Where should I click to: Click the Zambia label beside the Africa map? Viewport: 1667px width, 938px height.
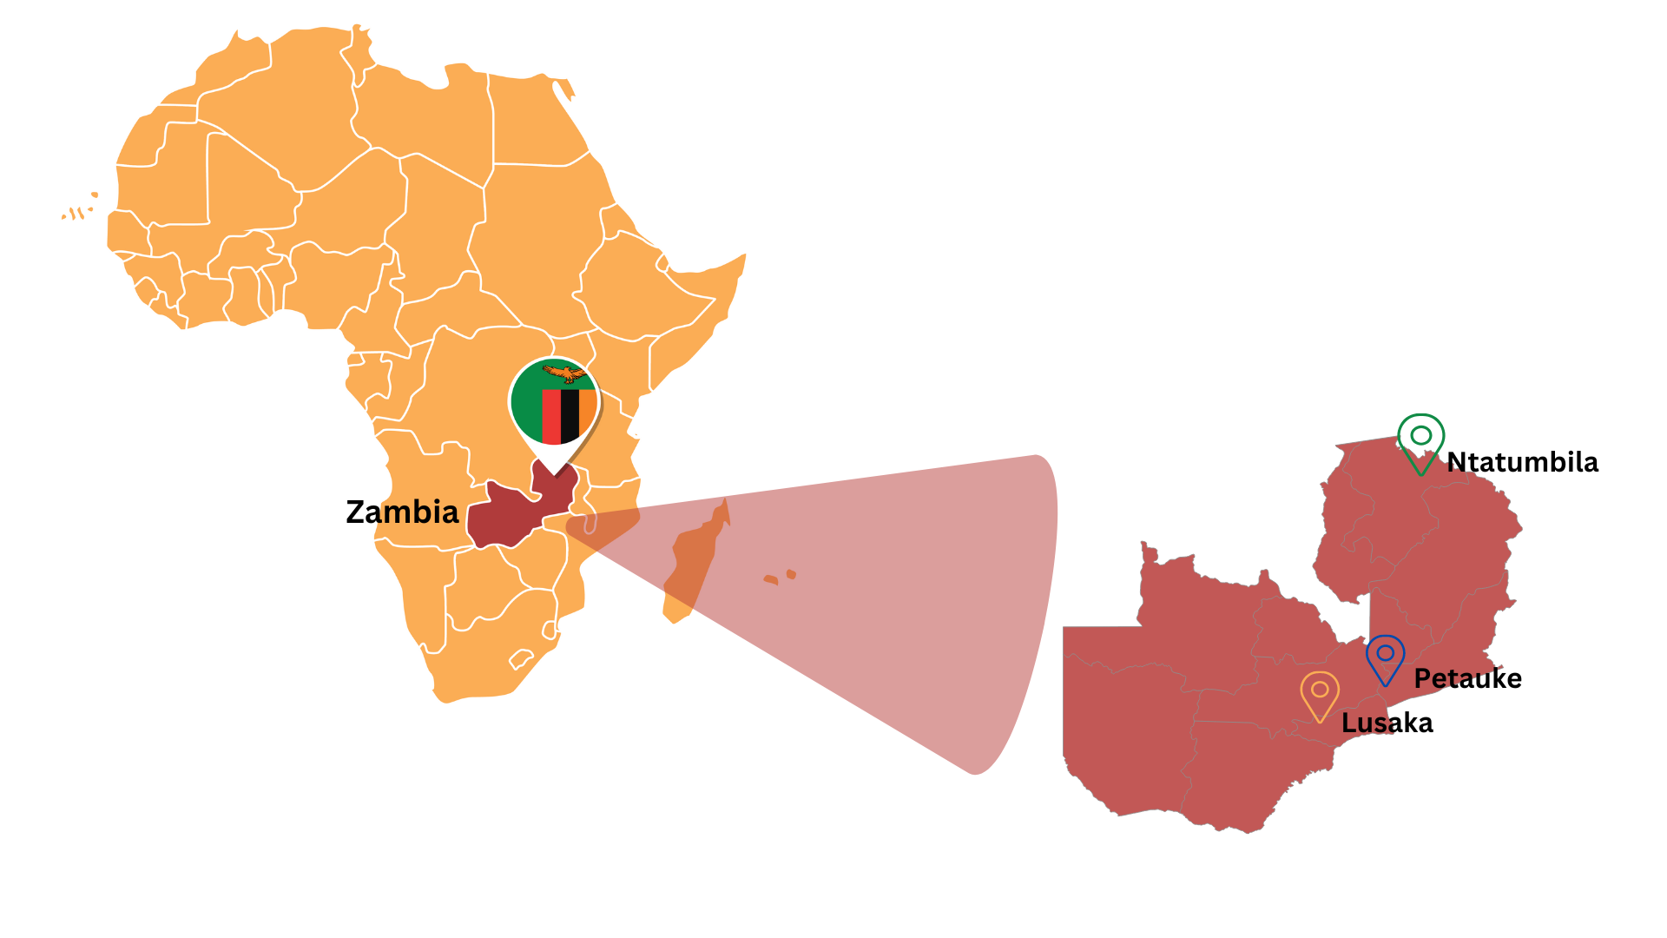(x=402, y=512)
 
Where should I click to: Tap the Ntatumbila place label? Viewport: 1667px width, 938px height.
(x=1522, y=462)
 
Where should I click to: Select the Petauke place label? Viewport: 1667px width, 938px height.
(x=1467, y=678)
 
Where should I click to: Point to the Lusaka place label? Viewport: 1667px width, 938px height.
(x=1387, y=723)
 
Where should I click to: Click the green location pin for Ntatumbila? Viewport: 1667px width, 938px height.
(x=1420, y=439)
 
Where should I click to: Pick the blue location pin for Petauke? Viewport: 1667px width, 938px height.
(x=1385, y=657)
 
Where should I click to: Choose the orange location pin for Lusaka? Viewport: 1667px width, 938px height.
(x=1320, y=693)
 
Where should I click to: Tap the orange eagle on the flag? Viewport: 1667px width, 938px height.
(x=565, y=373)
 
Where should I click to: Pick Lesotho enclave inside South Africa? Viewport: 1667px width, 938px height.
(x=521, y=659)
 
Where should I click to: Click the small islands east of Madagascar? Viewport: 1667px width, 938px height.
(x=780, y=578)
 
